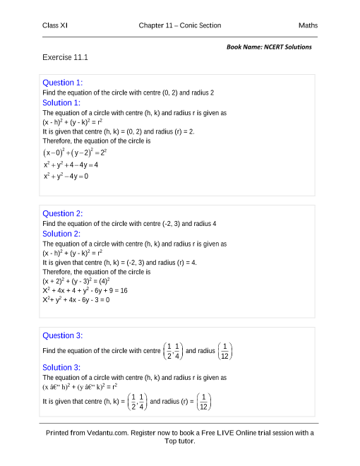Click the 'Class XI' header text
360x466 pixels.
click(55, 25)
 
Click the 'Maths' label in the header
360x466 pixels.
click(308, 25)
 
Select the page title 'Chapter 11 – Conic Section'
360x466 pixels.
click(180, 25)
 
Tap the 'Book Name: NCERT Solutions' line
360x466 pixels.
click(269, 47)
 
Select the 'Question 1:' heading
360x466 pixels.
click(63, 83)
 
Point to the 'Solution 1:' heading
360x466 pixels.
click(61, 102)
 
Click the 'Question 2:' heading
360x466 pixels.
click(63, 213)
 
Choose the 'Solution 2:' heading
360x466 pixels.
click(61, 234)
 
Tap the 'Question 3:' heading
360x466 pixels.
click(63, 335)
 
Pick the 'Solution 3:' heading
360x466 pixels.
click(61, 367)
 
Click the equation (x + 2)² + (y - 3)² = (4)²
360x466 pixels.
click(76, 280)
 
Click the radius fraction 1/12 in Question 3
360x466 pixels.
click(224, 350)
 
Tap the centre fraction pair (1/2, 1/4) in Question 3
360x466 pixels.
click(172, 350)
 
